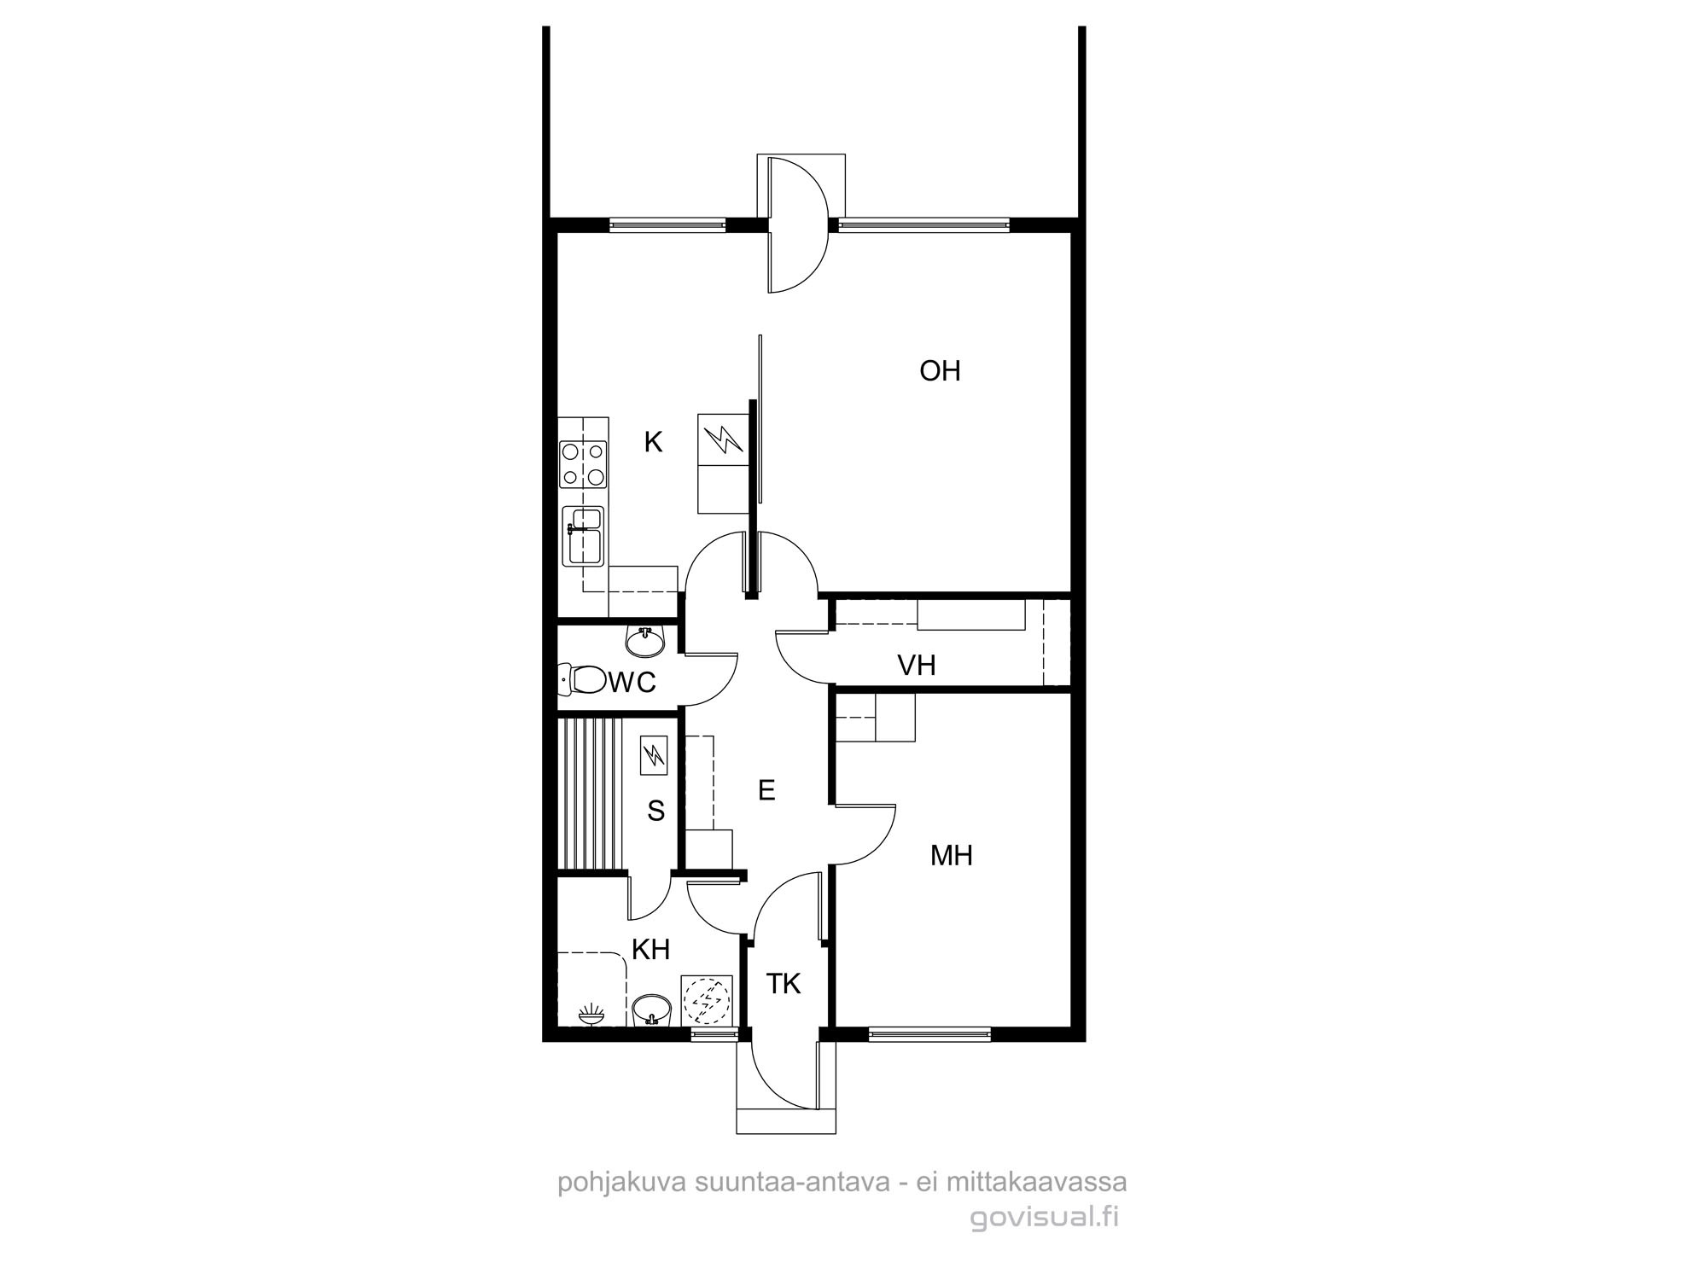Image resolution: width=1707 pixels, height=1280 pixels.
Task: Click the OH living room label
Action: pyautogui.click(x=940, y=370)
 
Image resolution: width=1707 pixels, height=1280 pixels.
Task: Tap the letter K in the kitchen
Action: pyautogui.click(x=653, y=442)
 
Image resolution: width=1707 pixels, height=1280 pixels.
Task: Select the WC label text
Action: pyautogui.click(x=632, y=682)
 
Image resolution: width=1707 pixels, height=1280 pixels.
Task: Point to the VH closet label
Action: pyautogui.click(x=917, y=665)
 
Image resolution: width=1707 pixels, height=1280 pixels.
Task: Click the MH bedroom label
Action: pyautogui.click(x=952, y=855)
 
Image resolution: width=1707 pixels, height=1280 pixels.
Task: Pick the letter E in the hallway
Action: pyautogui.click(x=766, y=790)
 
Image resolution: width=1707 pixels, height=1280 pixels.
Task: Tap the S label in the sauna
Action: pyautogui.click(x=655, y=811)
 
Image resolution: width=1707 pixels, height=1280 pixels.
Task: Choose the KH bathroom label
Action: pyautogui.click(x=650, y=949)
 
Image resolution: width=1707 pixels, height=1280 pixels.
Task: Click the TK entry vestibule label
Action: pyautogui.click(x=783, y=984)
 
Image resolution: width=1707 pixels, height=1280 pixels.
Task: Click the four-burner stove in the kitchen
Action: pyautogui.click(x=583, y=463)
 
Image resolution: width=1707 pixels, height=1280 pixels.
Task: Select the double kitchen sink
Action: pyautogui.click(x=583, y=535)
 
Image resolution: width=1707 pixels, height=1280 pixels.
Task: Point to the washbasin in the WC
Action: pyautogui.click(x=646, y=641)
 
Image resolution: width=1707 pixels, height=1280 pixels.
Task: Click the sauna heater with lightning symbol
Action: pyautogui.click(x=655, y=755)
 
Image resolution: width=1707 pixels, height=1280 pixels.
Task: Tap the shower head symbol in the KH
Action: pyautogui.click(x=591, y=1015)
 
